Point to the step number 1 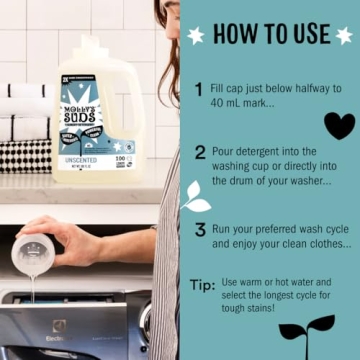click(199, 90)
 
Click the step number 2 click(200, 153)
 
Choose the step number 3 click(200, 229)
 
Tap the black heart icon click(339, 126)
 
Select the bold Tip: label click(202, 286)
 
